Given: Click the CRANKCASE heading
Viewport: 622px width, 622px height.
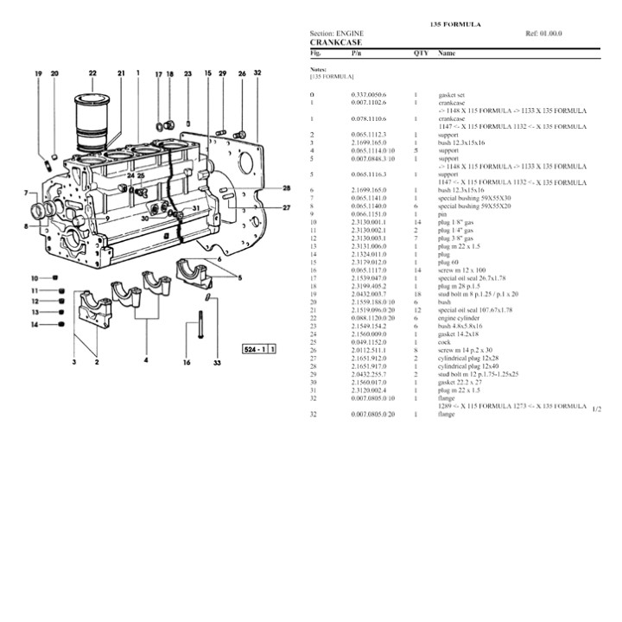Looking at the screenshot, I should pyautogui.click(x=335, y=41).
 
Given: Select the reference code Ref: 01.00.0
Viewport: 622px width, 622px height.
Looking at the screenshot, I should pyautogui.click(x=543, y=33).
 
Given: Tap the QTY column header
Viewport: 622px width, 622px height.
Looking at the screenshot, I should pyautogui.click(x=421, y=53).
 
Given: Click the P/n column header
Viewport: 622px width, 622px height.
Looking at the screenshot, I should pyautogui.click(x=357, y=53).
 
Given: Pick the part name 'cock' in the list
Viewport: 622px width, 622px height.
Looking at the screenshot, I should pyautogui.click(x=446, y=340).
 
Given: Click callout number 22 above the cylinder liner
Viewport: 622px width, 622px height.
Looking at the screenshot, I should pyautogui.click(x=92, y=73).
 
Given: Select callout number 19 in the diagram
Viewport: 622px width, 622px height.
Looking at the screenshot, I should pyautogui.click(x=39, y=75).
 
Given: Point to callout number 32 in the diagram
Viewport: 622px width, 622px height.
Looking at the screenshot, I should pyautogui.click(x=257, y=74).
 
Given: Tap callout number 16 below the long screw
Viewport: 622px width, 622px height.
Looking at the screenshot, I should pyautogui.click(x=187, y=364).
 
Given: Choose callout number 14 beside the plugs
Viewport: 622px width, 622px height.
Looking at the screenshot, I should pyautogui.click(x=34, y=325).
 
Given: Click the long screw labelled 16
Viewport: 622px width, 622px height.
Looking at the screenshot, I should pyautogui.click(x=187, y=333).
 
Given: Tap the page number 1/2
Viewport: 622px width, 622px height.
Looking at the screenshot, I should pyautogui.click(x=597, y=408).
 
